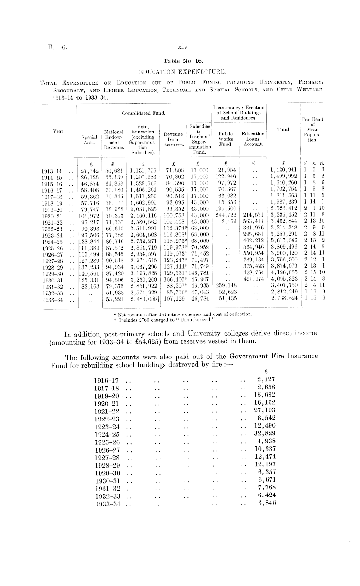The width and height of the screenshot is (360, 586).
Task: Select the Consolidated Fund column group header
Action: point(144,113)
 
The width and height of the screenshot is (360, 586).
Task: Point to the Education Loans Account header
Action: point(253,139)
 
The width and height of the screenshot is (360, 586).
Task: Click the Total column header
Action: point(283,130)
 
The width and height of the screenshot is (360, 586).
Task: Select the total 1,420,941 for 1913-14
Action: point(283,170)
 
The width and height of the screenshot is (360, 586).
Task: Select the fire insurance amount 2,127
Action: point(266,379)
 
